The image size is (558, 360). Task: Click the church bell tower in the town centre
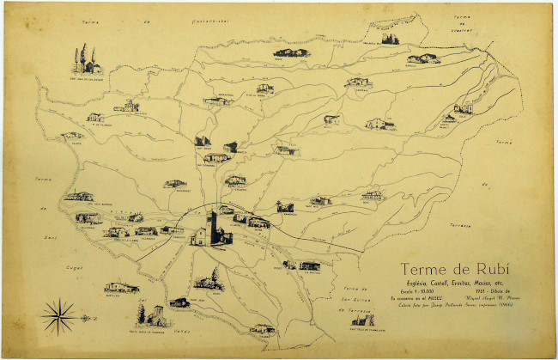(x=215, y=225)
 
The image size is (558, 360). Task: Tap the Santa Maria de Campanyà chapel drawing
(x=152, y=316)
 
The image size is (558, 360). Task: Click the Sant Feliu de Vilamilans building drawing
(x=361, y=320)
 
